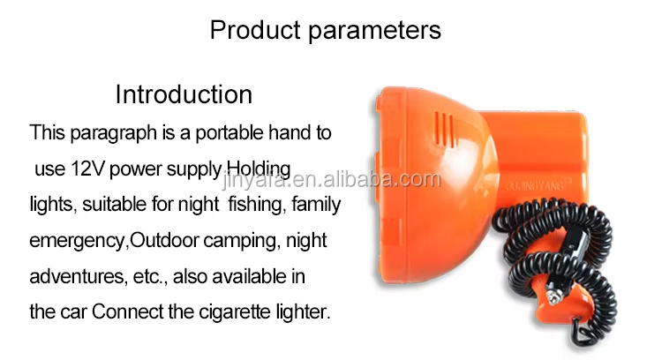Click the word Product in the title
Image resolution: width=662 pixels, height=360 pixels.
pos(255,30)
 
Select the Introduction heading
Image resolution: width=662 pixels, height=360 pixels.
pos(184,94)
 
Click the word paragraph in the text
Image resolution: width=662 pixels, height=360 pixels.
pos(113,133)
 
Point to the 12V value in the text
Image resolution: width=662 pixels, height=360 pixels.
pos(87,169)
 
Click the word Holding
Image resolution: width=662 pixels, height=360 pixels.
pos(259,169)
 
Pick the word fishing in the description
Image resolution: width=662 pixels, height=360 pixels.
pos(255,205)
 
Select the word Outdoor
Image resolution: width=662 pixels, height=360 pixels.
pos(164,240)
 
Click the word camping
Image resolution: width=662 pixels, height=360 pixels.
pos(242,241)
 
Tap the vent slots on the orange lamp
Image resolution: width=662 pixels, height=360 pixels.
pos(446,128)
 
